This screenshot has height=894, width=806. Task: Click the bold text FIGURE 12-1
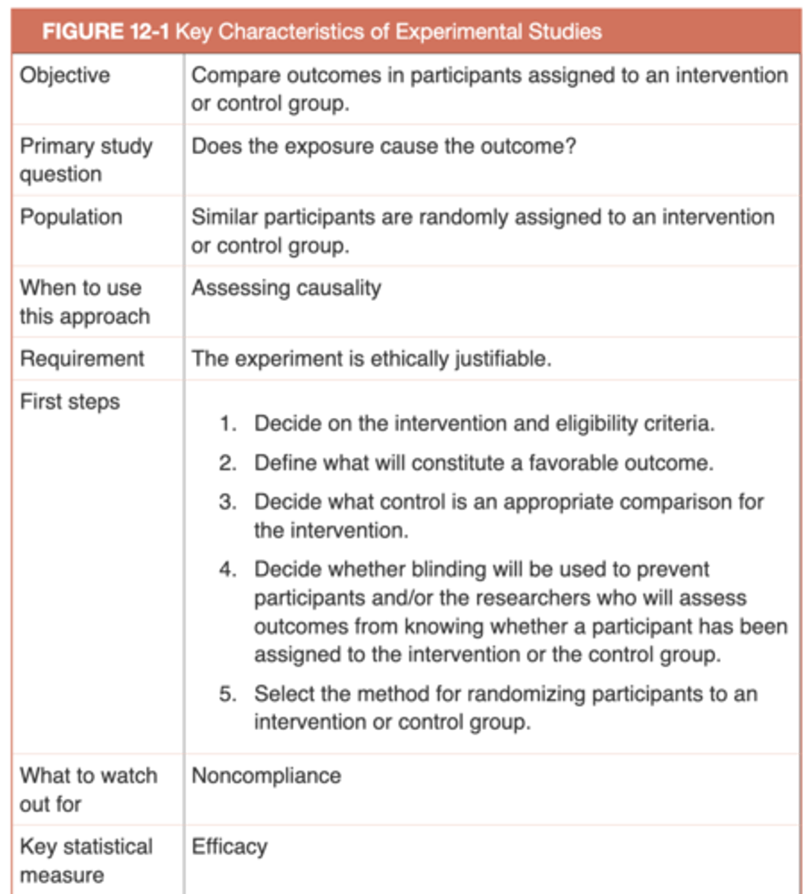tap(106, 32)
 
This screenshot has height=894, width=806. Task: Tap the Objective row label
tap(65, 75)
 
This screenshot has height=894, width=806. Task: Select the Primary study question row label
tap(86, 159)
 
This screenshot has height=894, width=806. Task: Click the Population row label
tap(71, 217)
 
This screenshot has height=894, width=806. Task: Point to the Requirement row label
tap(82, 358)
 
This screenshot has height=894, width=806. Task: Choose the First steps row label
tap(69, 402)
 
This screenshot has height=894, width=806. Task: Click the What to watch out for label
tap(88, 790)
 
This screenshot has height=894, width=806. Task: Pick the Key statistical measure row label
tap(86, 860)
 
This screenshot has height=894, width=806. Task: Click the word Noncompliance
tap(266, 776)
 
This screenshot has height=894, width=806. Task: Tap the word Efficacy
tap(229, 847)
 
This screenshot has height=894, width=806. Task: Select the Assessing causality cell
tap(286, 288)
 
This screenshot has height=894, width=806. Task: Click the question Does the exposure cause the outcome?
tap(384, 146)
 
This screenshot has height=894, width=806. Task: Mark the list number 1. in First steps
tap(227, 424)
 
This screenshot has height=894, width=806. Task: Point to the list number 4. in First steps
tap(227, 570)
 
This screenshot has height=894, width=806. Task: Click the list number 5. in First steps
tap(227, 694)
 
